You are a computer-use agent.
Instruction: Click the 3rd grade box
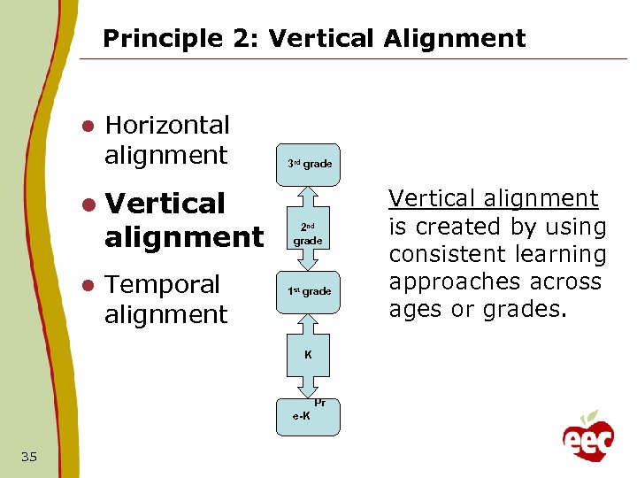(309, 164)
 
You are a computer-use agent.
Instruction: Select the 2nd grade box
(308, 234)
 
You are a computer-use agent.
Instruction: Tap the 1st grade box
(309, 291)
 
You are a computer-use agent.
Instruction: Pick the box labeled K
(308, 355)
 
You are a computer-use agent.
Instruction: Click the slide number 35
(28, 457)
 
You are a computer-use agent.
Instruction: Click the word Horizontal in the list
(166, 126)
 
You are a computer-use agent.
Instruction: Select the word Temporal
(162, 285)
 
